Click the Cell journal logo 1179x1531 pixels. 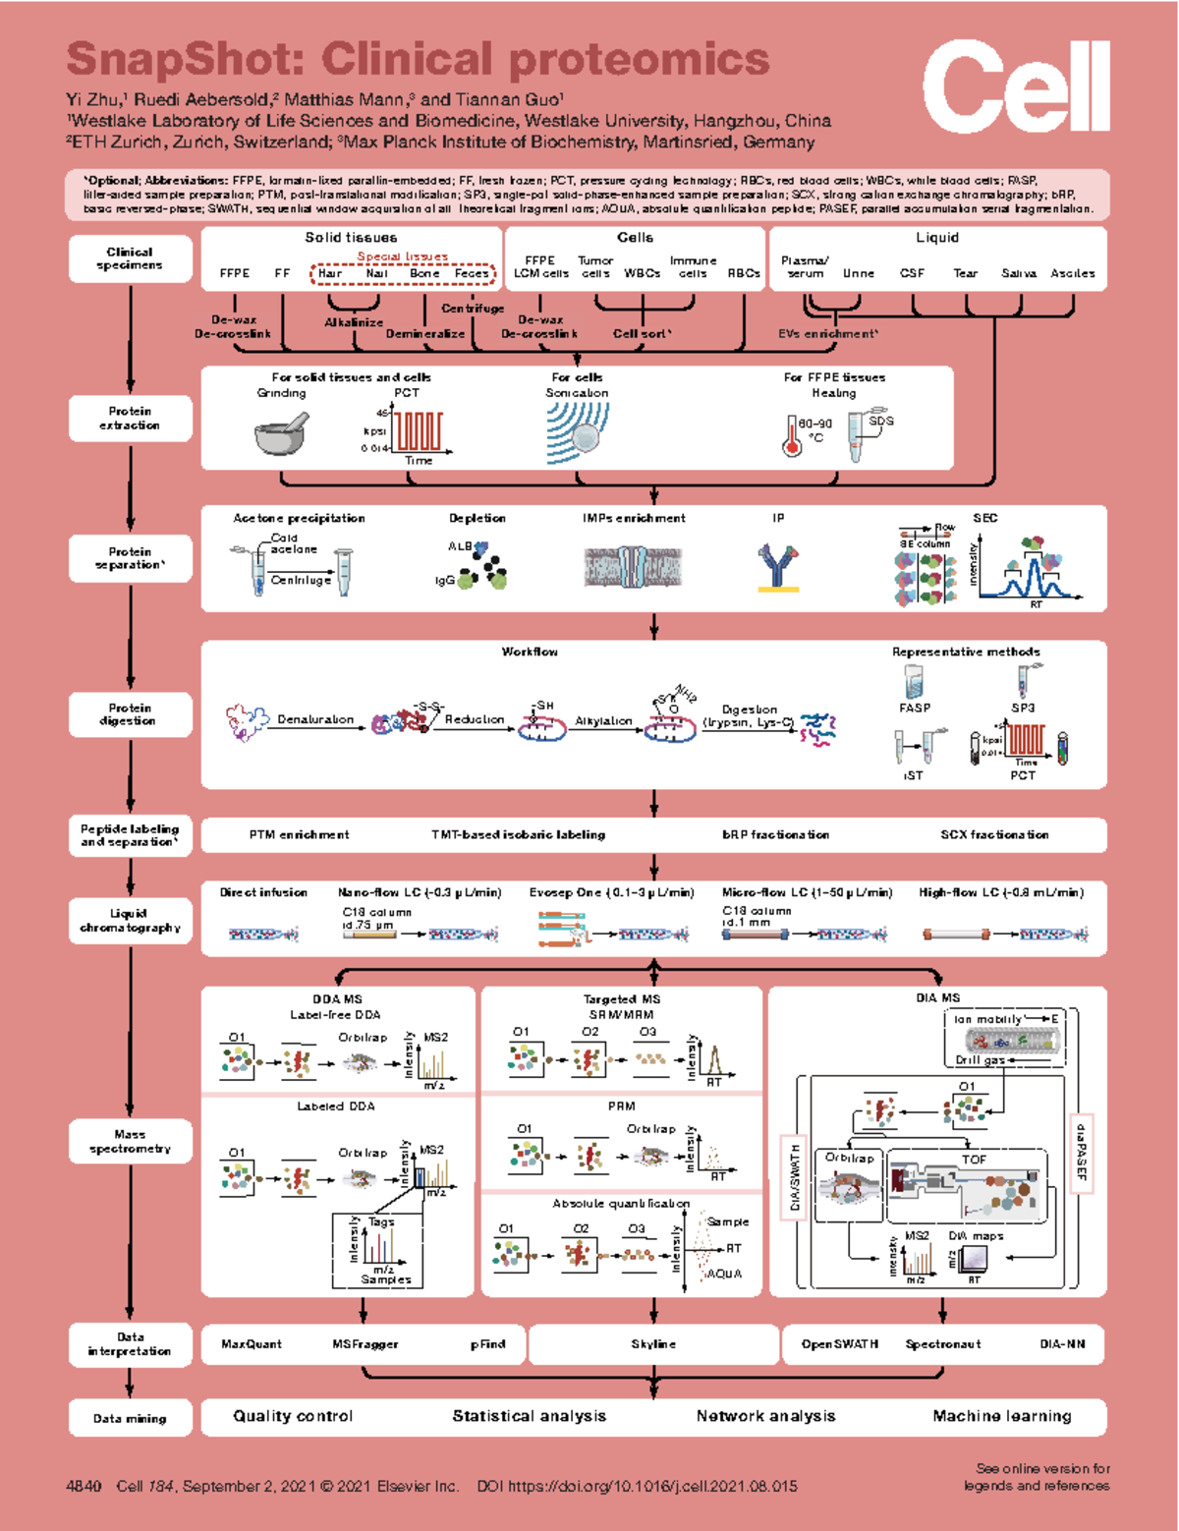pyautogui.click(x=1016, y=86)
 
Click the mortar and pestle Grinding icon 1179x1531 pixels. pyautogui.click(x=281, y=431)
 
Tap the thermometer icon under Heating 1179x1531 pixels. pyautogui.click(x=792, y=436)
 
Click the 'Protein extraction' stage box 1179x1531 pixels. pyautogui.click(x=130, y=419)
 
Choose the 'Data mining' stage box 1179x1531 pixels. pyautogui.click(x=130, y=1418)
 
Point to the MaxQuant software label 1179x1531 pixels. pyautogui.click(x=252, y=1343)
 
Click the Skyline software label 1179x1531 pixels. pyautogui.click(x=653, y=1343)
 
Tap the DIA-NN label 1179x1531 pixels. pyautogui.click(x=1062, y=1343)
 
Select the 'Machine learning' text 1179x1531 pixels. pyautogui.click(x=1002, y=1416)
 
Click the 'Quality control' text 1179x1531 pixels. pyautogui.click(x=293, y=1416)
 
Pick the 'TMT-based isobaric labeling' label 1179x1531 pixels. pyautogui.click(x=518, y=834)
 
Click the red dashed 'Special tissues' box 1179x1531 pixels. pyautogui.click(x=403, y=273)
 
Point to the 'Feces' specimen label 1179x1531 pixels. pyautogui.click(x=472, y=273)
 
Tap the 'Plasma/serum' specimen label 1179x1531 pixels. pyautogui.click(x=805, y=266)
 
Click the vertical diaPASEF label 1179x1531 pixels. pyautogui.click(x=1081, y=1151)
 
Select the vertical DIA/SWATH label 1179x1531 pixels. pyautogui.click(x=794, y=1178)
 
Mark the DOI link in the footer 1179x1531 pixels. pyautogui.click(x=638, y=1486)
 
